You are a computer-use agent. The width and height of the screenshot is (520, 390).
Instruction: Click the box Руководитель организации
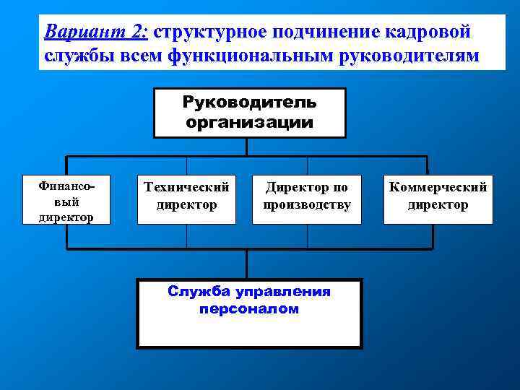pyautogui.click(x=249, y=113)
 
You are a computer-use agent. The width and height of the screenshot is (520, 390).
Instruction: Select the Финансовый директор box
pyautogui.click(x=66, y=200)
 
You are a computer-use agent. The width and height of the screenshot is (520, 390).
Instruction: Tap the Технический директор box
pyautogui.click(x=186, y=199)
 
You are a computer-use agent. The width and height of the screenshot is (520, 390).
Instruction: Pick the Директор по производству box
pyautogui.click(x=306, y=199)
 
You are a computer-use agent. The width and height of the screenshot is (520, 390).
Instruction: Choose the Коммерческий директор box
pyautogui.click(x=438, y=199)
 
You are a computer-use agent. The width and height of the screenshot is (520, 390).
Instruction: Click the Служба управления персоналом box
pyautogui.click(x=249, y=313)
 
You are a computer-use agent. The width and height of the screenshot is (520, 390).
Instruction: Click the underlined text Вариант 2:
pyautogui.click(x=95, y=32)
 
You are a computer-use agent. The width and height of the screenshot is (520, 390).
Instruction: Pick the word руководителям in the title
pyautogui.click(x=409, y=55)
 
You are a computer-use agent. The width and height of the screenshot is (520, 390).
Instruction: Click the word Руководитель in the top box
pyautogui.click(x=249, y=103)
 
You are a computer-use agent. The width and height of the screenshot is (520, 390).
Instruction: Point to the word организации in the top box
pyautogui.click(x=249, y=121)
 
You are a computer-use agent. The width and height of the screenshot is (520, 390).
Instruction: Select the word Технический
pyautogui.click(x=186, y=188)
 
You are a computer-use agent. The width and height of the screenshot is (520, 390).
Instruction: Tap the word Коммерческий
pyautogui.click(x=438, y=188)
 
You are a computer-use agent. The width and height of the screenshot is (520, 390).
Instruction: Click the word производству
pyautogui.click(x=306, y=205)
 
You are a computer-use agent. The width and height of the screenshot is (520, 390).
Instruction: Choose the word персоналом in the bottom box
pyautogui.click(x=248, y=309)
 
